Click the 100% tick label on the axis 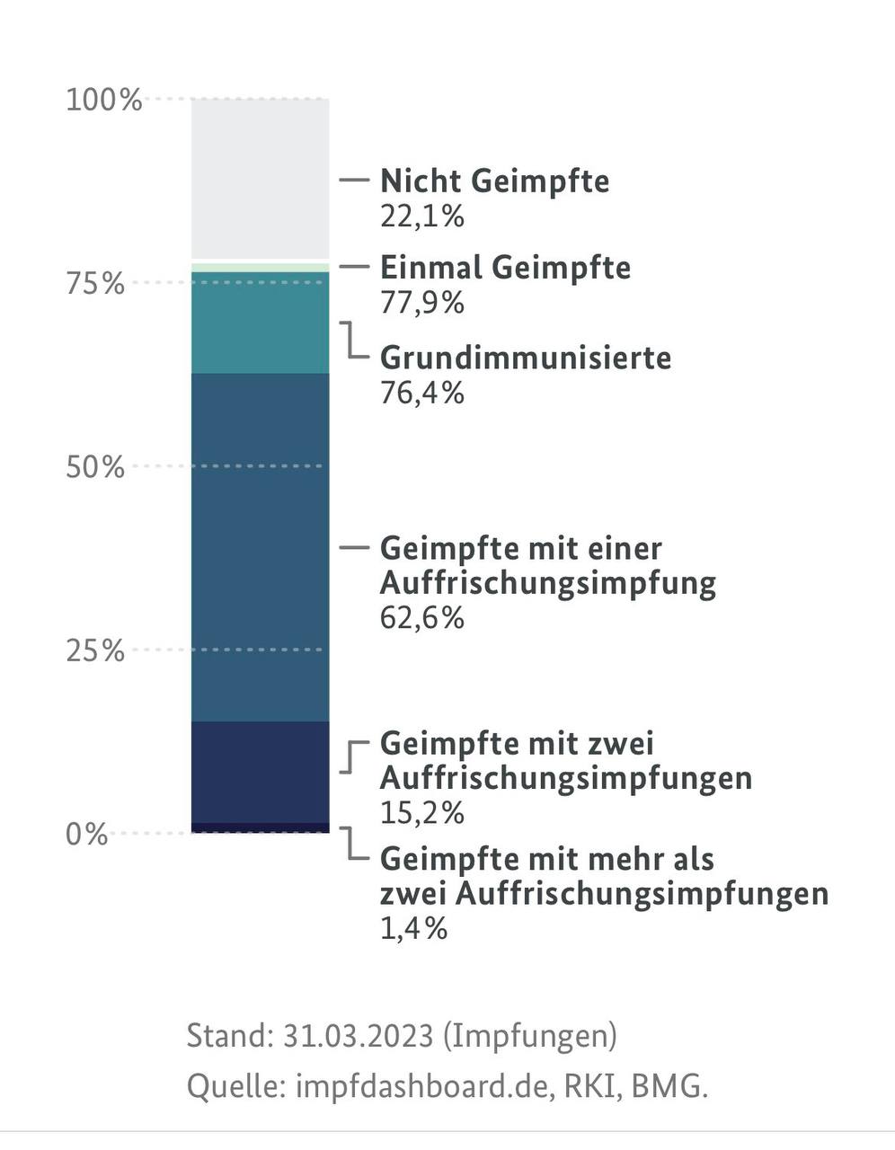coord(104,100)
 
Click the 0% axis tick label coord(87,834)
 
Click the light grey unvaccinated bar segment coord(261,178)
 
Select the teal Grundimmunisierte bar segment coord(261,323)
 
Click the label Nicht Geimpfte coord(494,181)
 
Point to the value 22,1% coord(422,217)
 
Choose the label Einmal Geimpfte coord(505,268)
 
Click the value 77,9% coord(422,303)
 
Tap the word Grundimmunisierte coord(526,358)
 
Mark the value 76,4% coord(422,393)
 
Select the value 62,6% coord(422,618)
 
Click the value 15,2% coord(422,812)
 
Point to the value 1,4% coord(413,928)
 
